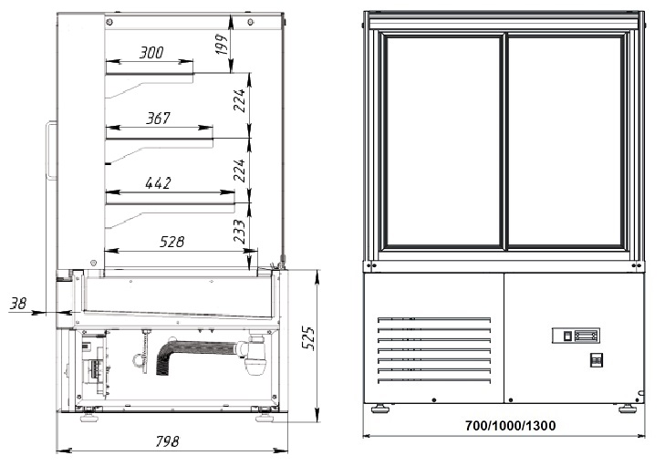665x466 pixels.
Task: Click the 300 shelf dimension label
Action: click(151, 53)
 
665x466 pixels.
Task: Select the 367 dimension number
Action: click(158, 119)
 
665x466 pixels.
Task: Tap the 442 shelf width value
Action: click(158, 183)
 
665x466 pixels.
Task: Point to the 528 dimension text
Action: click(172, 242)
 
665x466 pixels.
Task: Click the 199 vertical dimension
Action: click(222, 44)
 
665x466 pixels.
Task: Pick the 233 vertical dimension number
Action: click(240, 231)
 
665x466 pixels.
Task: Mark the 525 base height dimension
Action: click(308, 338)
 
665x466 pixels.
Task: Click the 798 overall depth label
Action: click(167, 441)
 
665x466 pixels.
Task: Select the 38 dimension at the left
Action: click(18, 303)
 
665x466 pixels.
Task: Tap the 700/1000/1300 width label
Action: click(510, 425)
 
